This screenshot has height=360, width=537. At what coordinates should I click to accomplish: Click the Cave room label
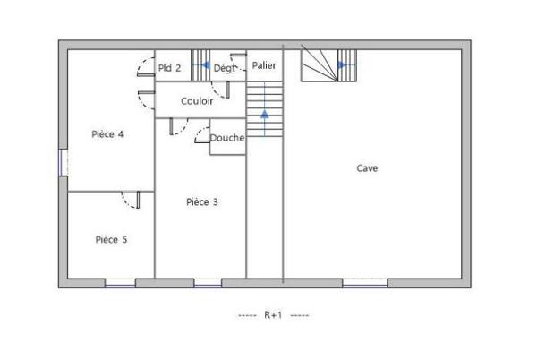pyautogui.click(x=367, y=167)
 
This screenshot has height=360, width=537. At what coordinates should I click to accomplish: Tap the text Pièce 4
pyautogui.click(x=107, y=134)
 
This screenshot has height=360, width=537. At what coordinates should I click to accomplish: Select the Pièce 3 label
pyautogui.click(x=201, y=201)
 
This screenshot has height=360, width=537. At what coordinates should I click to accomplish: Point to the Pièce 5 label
pyautogui.click(x=111, y=239)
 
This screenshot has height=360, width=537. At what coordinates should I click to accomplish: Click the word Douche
pyautogui.click(x=227, y=138)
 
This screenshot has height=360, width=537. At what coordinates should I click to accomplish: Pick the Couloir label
pyautogui.click(x=197, y=101)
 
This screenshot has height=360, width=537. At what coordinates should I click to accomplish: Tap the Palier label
pyautogui.click(x=264, y=65)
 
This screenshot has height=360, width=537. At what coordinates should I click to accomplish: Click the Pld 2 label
pyautogui.click(x=170, y=67)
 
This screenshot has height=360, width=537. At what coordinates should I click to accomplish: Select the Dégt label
pyautogui.click(x=224, y=67)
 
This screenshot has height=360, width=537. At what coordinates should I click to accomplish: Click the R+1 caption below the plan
pyautogui.click(x=273, y=315)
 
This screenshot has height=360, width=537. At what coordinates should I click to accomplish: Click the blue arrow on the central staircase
pyautogui.click(x=264, y=114)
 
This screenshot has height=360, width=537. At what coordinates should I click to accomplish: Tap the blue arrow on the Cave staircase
pyautogui.click(x=342, y=64)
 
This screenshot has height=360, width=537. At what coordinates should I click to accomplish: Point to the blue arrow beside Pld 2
pyautogui.click(x=205, y=65)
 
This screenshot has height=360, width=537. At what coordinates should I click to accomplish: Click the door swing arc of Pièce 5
pyautogui.click(x=131, y=200)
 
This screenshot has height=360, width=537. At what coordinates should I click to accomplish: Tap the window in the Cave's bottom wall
pyautogui.click(x=365, y=283)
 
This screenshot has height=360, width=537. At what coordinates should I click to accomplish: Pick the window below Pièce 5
pyautogui.click(x=120, y=283)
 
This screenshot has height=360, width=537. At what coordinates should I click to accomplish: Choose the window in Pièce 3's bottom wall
pyautogui.click(x=208, y=283)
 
